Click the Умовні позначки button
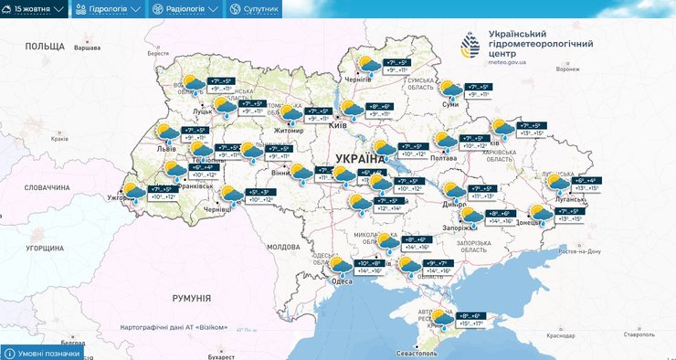pyautogui.click(x=44, y=353)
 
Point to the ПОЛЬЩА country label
pyautogui.click(x=45, y=46)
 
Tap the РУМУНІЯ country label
pyautogui.click(x=191, y=298)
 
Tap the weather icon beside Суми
pyautogui.click(x=450, y=90)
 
